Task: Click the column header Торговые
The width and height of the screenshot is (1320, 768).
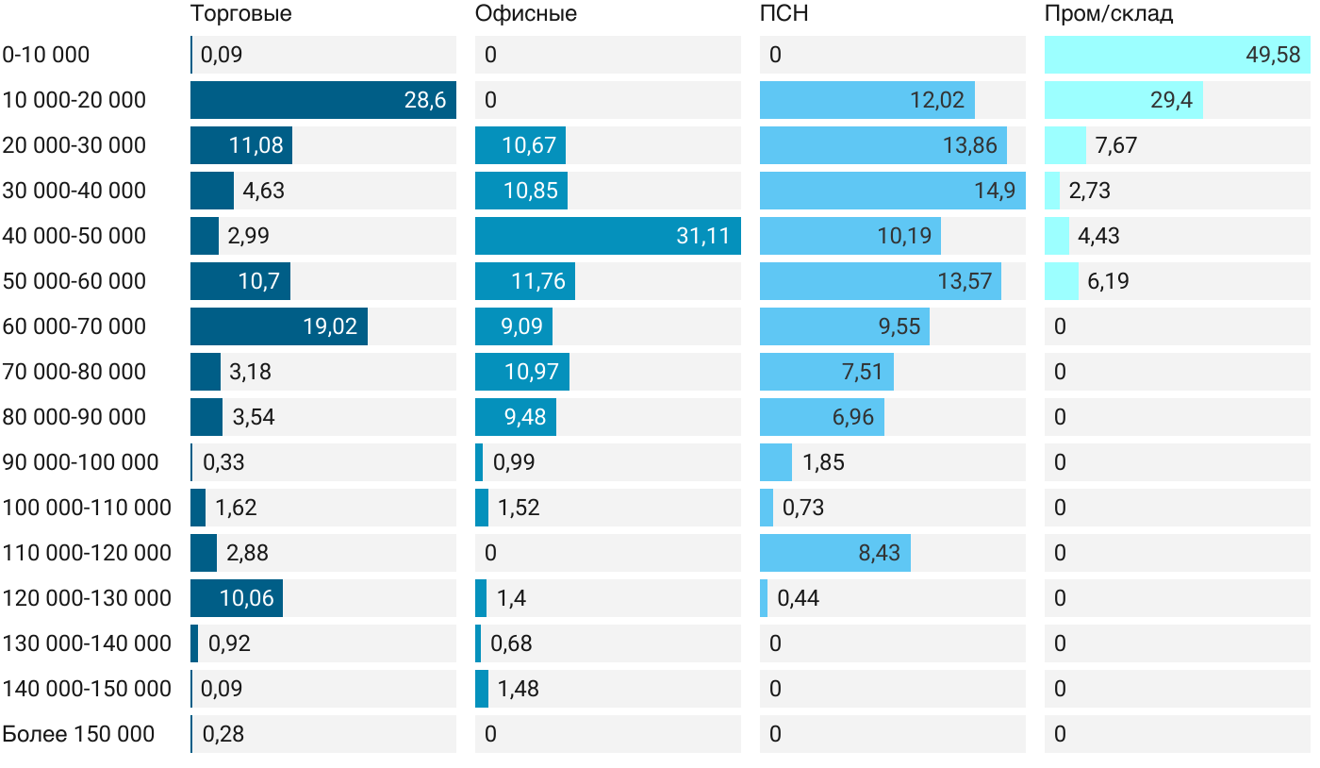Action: click(x=240, y=14)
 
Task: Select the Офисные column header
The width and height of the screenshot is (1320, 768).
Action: click(x=525, y=14)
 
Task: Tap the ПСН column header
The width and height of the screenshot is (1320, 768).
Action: click(x=784, y=14)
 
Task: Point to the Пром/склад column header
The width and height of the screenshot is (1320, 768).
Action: click(x=1108, y=14)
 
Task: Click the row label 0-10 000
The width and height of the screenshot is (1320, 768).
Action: click(x=46, y=55)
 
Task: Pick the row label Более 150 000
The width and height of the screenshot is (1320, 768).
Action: click(x=78, y=734)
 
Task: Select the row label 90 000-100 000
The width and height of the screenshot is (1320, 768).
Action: click(x=80, y=462)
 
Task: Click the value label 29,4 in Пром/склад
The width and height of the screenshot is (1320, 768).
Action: click(x=1171, y=100)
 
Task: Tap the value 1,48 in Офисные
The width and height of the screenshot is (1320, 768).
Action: click(x=519, y=689)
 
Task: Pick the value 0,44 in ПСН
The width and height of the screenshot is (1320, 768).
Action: click(x=798, y=598)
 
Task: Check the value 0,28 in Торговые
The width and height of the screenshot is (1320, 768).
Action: click(x=223, y=734)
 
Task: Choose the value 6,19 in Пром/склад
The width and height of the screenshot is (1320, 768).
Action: click(x=1108, y=281)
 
